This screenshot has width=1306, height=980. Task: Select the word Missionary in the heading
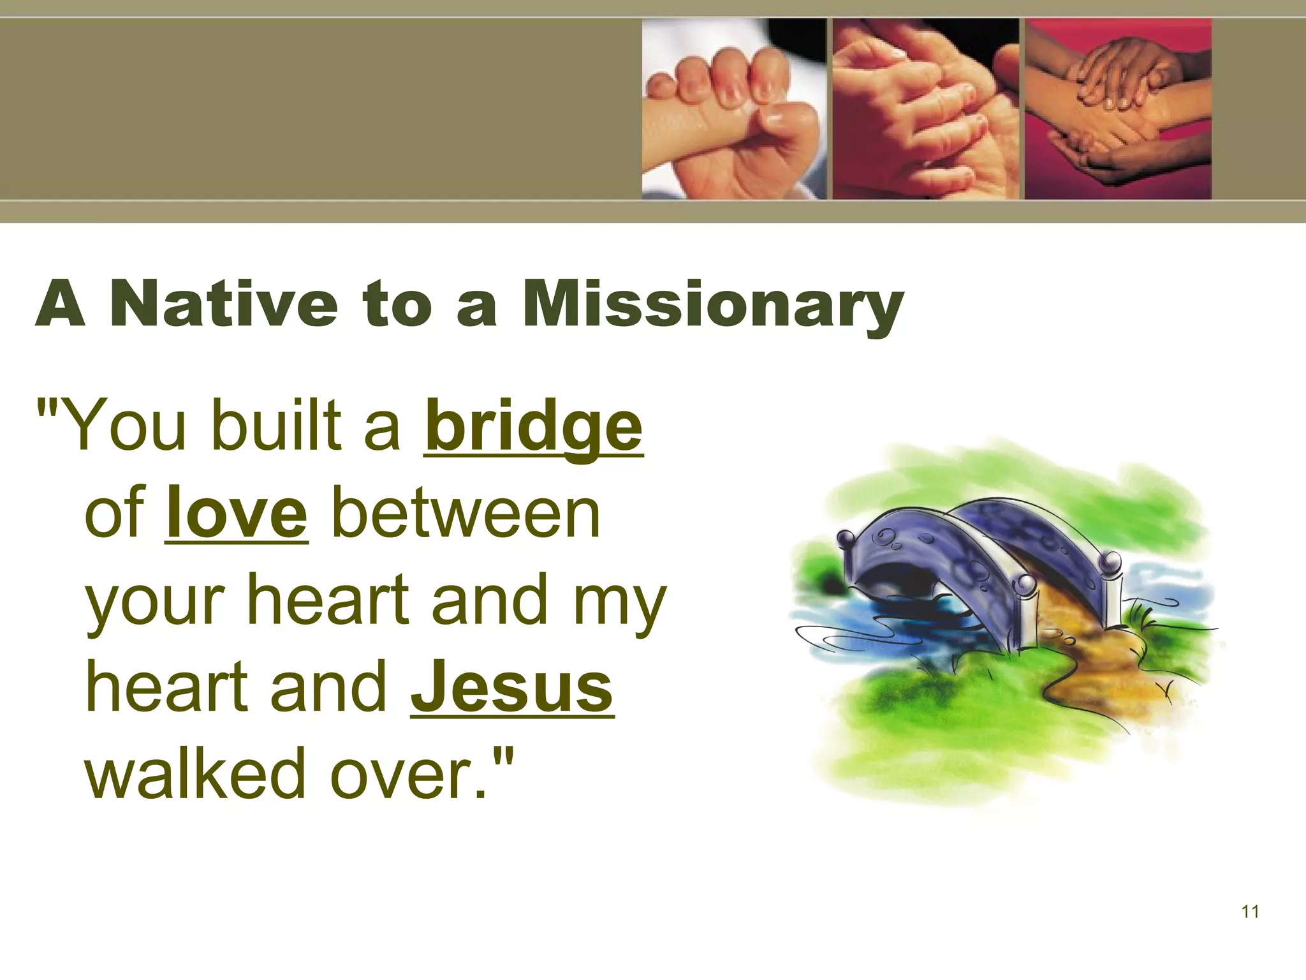pos(712,305)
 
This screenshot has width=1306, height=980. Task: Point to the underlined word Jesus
pos(512,688)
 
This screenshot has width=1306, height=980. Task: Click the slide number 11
pos(1251,912)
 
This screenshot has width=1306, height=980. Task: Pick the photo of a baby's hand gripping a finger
pos(733,108)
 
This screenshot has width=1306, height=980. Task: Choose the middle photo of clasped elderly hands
pos(925,108)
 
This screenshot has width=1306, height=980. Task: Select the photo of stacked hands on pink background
pos(1117,108)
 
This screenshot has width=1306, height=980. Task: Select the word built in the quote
pos(277,425)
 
